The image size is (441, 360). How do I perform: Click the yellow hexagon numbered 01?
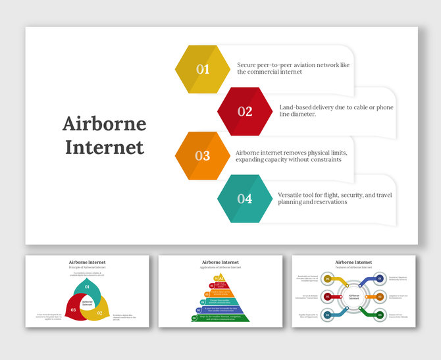(x=202, y=69)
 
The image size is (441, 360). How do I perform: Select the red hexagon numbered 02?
(x=245, y=111)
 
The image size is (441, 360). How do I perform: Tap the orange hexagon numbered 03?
(x=202, y=156)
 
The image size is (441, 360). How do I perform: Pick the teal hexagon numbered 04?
(x=245, y=198)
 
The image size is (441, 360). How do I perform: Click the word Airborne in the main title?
(x=105, y=124)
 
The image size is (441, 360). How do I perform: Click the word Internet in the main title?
(x=105, y=147)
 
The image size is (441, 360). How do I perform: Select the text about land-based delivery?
(x=336, y=111)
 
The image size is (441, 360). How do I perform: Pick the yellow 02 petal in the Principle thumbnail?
(x=101, y=312)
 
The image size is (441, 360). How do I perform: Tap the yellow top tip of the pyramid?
(x=221, y=279)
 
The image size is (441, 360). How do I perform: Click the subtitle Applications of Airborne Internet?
(x=221, y=268)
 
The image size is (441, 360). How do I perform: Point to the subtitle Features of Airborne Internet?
(x=354, y=268)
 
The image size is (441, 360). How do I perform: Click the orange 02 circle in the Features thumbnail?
(x=380, y=297)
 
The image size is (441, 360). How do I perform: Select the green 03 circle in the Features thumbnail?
(x=380, y=315)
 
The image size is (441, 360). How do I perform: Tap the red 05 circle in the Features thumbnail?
(x=328, y=297)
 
